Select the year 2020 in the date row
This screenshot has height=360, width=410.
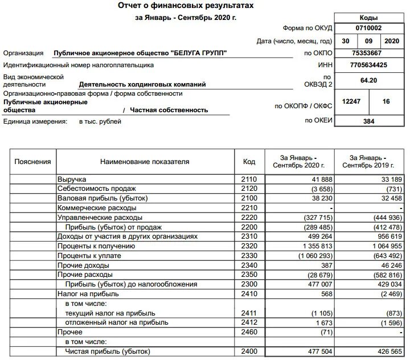(392, 41)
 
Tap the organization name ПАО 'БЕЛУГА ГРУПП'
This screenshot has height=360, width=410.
(140, 53)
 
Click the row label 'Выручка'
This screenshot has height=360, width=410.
(71, 179)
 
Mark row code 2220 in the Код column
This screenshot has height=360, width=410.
(249, 217)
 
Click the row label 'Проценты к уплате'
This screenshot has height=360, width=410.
(85, 255)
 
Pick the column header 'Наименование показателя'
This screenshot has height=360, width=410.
(145, 162)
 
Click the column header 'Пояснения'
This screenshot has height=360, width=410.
(32, 162)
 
